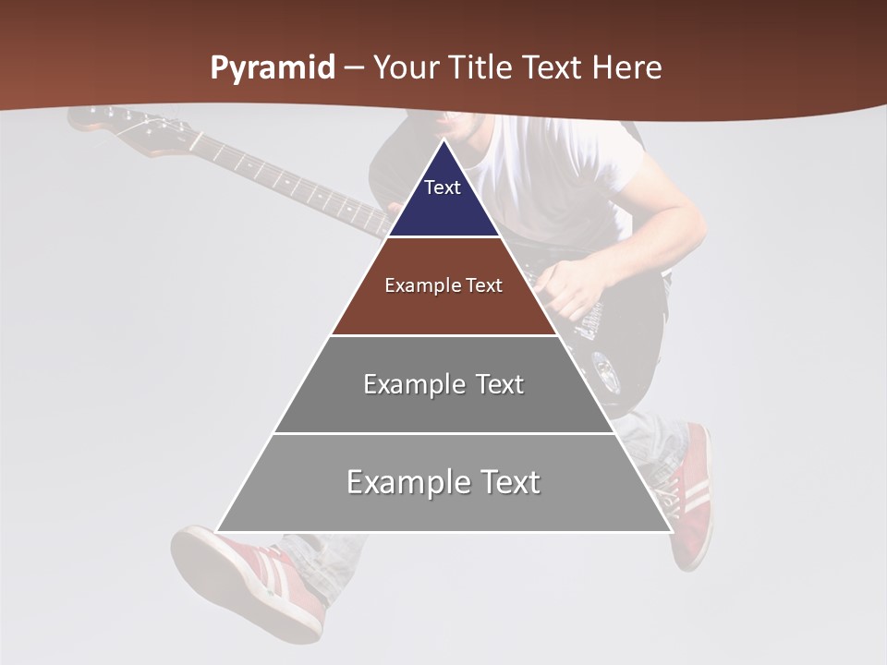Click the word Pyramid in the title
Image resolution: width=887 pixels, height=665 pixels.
click(x=272, y=69)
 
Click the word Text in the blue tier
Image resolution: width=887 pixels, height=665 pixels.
click(x=443, y=187)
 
